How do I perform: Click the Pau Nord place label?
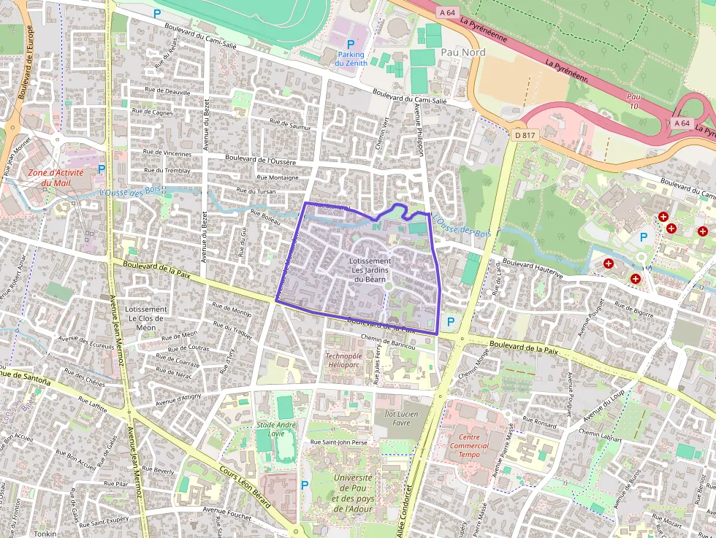click(463, 52)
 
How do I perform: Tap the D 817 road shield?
click(521, 134)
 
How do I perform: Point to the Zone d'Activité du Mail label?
click(56, 177)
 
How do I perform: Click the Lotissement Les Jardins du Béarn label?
click(370, 269)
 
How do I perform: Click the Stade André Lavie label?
click(276, 429)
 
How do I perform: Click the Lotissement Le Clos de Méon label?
click(147, 318)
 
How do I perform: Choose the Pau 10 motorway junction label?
click(633, 101)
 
